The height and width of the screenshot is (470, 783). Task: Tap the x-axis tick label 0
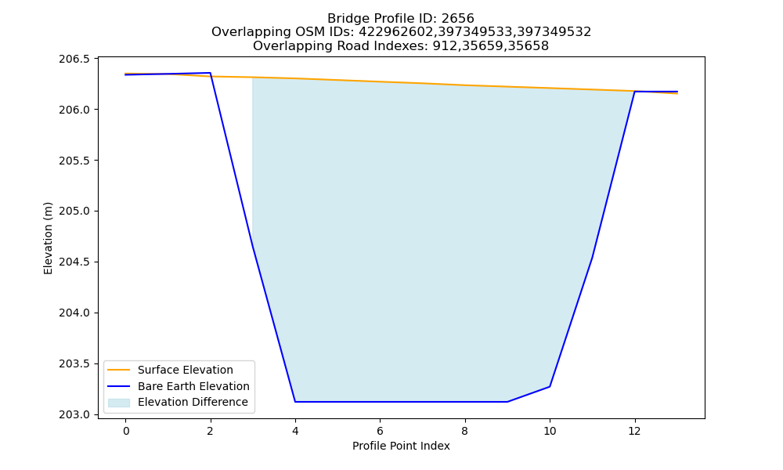coord(126,431)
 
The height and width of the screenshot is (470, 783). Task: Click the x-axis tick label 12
coord(635,431)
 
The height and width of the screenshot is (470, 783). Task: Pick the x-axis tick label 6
coord(380,431)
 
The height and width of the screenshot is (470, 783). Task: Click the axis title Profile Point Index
coord(401,446)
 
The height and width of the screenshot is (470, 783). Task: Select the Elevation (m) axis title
coord(48,238)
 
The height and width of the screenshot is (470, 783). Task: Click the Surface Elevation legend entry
coord(186,370)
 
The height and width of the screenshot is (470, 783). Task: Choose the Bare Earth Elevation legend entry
coord(193,386)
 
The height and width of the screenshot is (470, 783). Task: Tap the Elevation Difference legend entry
coord(193,402)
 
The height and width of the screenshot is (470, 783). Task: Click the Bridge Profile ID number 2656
coord(457,19)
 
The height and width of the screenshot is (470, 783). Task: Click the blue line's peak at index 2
coord(210,73)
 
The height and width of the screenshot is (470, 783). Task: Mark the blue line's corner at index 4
coord(295,402)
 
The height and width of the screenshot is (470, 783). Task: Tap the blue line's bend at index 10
coord(550,387)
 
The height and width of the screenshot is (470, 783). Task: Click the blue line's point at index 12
coord(635,92)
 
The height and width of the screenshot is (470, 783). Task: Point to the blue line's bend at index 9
coord(507,402)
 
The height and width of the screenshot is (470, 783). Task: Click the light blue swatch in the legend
coord(119,403)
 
